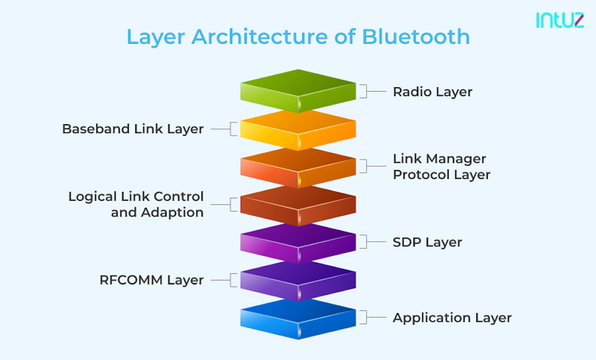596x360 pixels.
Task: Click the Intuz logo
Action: pos(559,20)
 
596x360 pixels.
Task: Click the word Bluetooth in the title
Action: pos(416,37)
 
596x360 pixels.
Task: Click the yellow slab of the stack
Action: pos(298,129)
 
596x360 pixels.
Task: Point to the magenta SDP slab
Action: pos(298,242)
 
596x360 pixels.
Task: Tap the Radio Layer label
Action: pos(432,92)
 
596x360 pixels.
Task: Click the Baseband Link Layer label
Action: pos(132,129)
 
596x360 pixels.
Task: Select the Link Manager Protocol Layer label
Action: pos(441,167)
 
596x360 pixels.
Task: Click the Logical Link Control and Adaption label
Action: pos(136,204)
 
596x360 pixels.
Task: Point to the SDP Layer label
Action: pos(427,242)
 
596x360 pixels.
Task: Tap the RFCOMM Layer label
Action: pos(151,280)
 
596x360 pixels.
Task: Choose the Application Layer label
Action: pos(452,318)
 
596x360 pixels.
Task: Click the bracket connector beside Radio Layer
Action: pos(372,91)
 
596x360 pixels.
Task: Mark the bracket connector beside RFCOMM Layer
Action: pos(224,280)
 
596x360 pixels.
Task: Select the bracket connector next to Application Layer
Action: pos(372,317)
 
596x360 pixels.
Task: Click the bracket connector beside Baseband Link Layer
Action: pos(224,129)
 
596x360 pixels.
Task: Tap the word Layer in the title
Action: pos(156,37)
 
